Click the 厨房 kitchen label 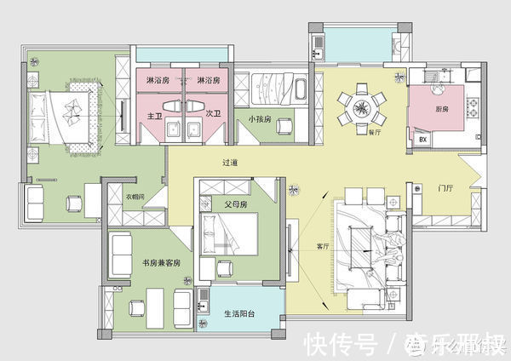point(441,108)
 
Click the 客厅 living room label point(322,247)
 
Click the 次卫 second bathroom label point(213,113)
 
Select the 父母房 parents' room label point(236,205)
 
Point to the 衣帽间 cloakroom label point(135,196)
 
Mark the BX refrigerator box point(422,139)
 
